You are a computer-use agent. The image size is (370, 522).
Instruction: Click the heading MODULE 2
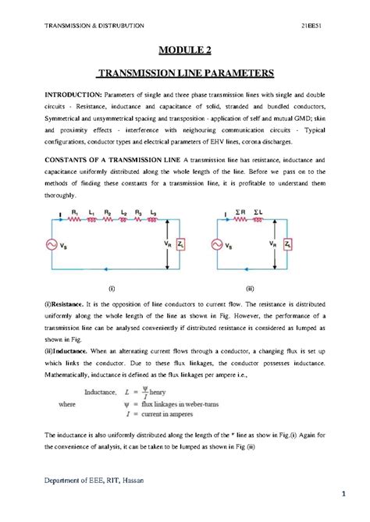185,51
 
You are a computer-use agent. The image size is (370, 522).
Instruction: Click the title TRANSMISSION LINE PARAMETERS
185,75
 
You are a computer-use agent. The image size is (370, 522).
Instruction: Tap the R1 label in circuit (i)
74,212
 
